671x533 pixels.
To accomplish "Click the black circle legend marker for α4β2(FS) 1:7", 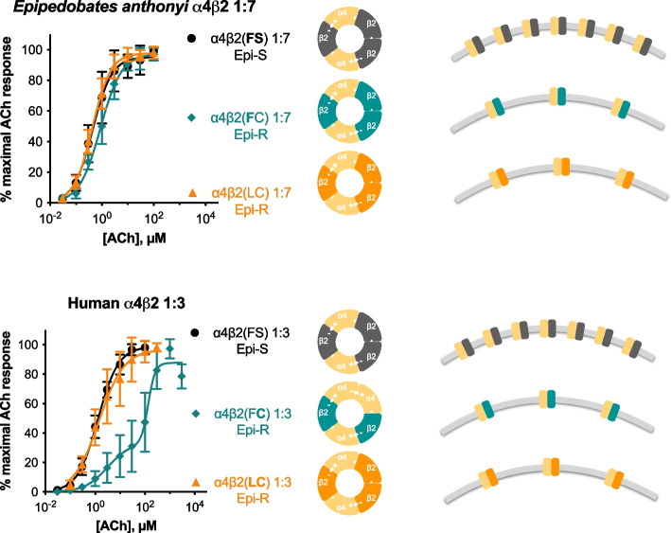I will pos(192,42).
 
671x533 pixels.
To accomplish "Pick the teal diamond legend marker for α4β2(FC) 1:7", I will pos(192,117).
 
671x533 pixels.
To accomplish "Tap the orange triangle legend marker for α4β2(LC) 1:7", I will pos(192,193).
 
